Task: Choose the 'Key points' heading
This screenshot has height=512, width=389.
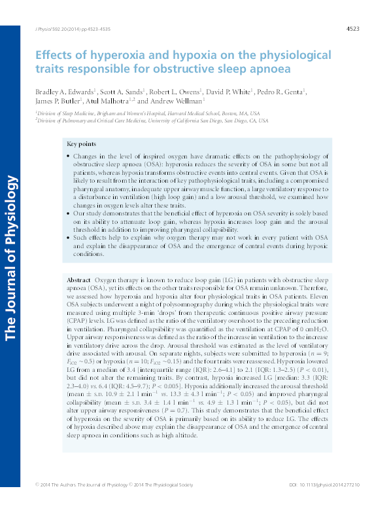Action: click(80, 144)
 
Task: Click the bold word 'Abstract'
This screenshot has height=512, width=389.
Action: click(79, 280)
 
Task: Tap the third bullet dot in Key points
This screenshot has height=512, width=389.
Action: click(69, 238)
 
